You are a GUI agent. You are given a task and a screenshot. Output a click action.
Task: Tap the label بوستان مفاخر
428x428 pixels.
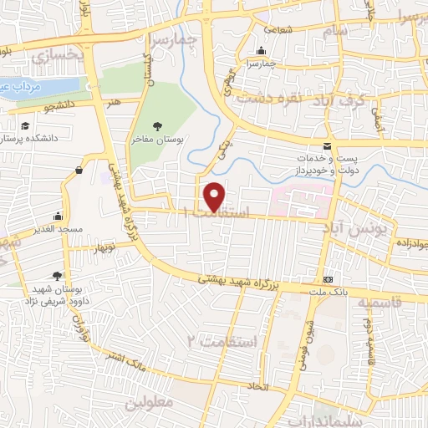(x=157, y=141)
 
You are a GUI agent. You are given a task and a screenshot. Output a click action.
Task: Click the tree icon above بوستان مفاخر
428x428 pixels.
(x=157, y=126)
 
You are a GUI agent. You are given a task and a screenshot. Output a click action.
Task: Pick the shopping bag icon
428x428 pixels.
(x=79, y=171)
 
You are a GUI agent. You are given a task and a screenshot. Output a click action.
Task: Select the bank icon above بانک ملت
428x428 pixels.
(x=327, y=278)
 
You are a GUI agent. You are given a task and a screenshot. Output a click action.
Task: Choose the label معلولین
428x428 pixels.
(x=148, y=403)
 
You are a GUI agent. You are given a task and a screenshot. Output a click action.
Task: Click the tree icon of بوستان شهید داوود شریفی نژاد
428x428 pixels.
(x=56, y=275)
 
